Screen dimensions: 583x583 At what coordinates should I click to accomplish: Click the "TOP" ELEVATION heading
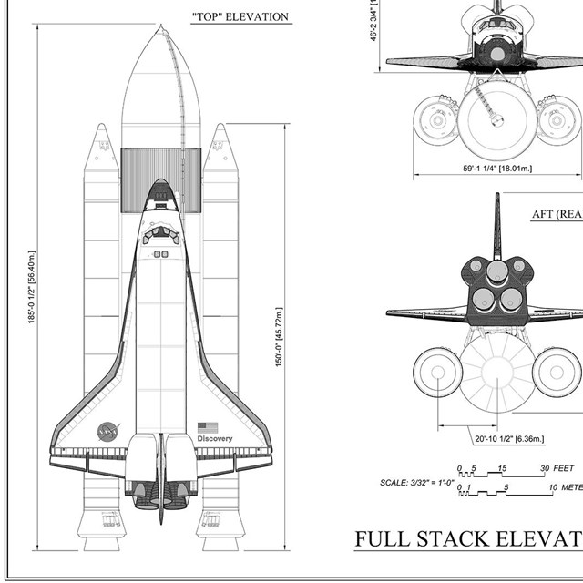pyautogui.click(x=240, y=16)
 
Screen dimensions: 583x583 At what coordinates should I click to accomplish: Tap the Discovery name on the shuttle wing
pyautogui.click(x=215, y=439)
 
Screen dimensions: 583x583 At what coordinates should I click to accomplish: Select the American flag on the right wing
pyautogui.click(x=208, y=426)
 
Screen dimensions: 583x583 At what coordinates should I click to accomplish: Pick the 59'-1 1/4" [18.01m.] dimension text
pyautogui.click(x=497, y=169)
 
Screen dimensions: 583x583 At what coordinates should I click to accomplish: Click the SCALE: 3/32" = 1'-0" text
pyautogui.click(x=416, y=483)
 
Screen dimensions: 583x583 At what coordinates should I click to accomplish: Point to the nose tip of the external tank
pyautogui.click(x=161, y=29)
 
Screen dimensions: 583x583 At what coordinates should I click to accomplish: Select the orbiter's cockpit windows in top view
pyautogui.click(x=161, y=231)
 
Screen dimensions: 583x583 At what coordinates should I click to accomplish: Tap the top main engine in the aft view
pyautogui.click(x=497, y=271)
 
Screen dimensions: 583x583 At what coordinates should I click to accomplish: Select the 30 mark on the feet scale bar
pyautogui.click(x=545, y=468)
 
